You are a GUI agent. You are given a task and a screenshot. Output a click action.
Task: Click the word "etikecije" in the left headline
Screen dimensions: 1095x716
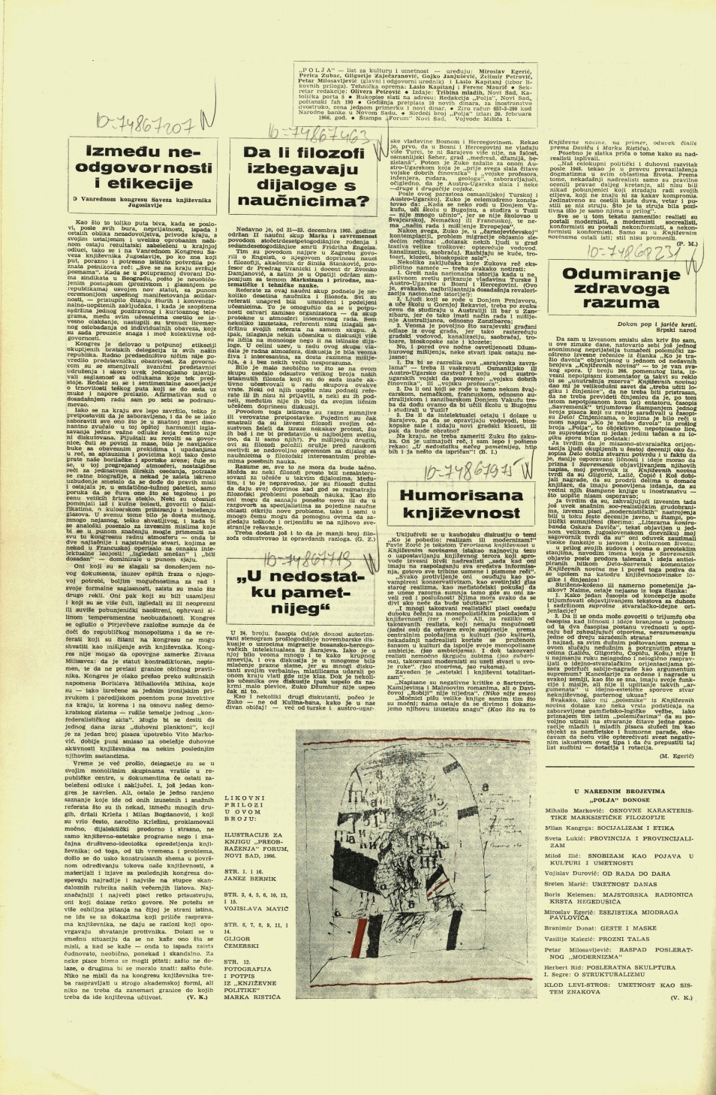pyautogui.click(x=156, y=204)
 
